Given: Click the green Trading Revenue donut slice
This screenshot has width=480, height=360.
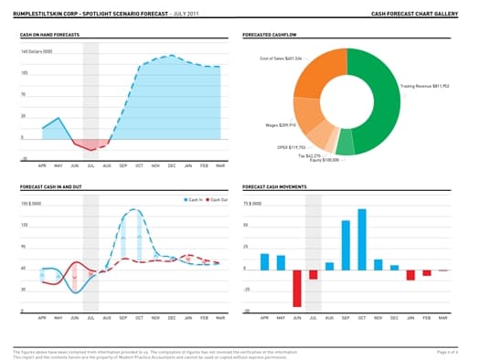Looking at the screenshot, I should [x=384, y=101].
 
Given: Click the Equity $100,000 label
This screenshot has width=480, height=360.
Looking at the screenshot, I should [x=322, y=161].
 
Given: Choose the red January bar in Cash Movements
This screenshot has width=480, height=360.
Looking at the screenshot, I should [x=411, y=274].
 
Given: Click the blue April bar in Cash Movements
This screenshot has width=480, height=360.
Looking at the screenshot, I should [x=264, y=261].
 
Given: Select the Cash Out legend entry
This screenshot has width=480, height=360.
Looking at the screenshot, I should [x=217, y=198].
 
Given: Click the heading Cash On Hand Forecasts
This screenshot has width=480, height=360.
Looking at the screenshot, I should [x=49, y=34].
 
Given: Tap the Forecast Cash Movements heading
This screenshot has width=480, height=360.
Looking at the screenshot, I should [x=275, y=187].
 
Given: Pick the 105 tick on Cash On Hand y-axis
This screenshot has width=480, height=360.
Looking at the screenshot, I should [x=24, y=71].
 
